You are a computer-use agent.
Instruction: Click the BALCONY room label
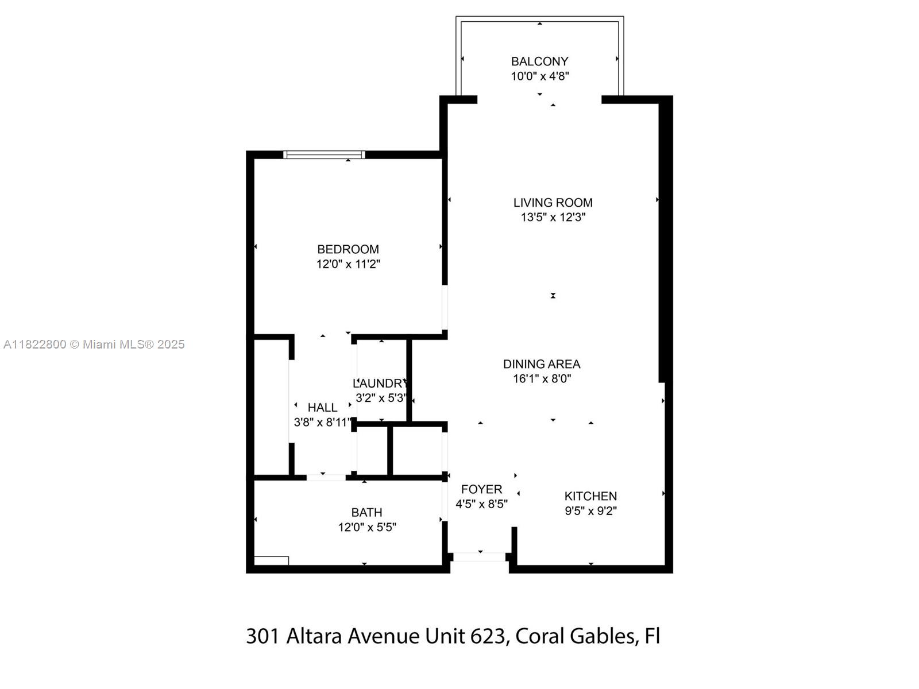coord(539,61)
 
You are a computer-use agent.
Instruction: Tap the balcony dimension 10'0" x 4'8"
coord(539,76)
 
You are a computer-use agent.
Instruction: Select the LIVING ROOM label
coord(553,203)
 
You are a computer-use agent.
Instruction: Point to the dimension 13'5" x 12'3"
coord(553,217)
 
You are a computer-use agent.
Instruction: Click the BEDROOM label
coord(347,249)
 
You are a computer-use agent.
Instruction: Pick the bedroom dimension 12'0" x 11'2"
coord(347,264)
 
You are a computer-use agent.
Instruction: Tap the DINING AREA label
coord(542,364)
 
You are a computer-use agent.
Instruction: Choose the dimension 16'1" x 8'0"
coord(542,378)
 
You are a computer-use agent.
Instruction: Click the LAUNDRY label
coord(380,383)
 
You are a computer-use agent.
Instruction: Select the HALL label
coord(322,408)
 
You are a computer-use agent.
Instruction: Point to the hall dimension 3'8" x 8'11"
coord(322,422)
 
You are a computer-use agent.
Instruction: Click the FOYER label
coord(481,489)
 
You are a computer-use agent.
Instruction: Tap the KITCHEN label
coord(590,496)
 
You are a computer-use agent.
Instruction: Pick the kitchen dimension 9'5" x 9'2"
coord(590,511)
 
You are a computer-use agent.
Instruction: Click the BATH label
coord(366,513)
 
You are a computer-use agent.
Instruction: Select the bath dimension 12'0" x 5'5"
coord(367,527)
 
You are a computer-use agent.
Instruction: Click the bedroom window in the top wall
coord(324,155)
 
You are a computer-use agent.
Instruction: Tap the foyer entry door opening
coord(480,557)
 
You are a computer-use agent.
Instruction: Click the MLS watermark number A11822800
coord(35,344)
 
